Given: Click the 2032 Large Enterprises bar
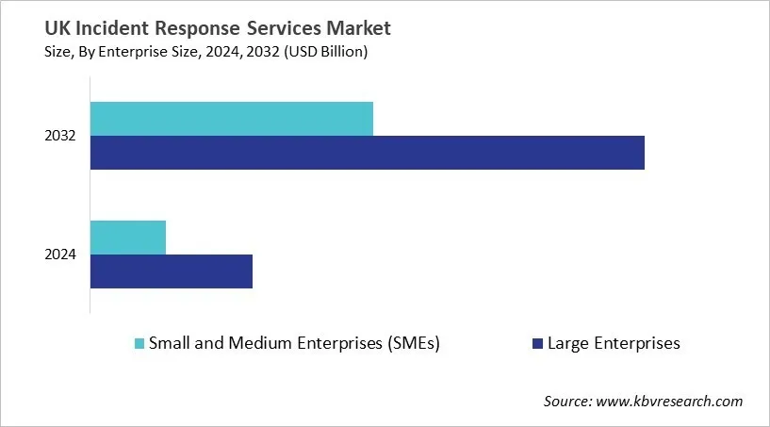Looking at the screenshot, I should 368,153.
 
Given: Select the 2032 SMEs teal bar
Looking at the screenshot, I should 232,118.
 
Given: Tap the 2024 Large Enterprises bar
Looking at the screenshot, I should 172,271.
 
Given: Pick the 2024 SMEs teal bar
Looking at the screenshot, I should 128,237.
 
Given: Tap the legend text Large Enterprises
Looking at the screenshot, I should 614,343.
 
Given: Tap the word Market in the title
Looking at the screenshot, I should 354,29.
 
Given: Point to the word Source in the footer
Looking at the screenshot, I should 565,402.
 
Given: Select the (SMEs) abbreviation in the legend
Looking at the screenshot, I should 413,343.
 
